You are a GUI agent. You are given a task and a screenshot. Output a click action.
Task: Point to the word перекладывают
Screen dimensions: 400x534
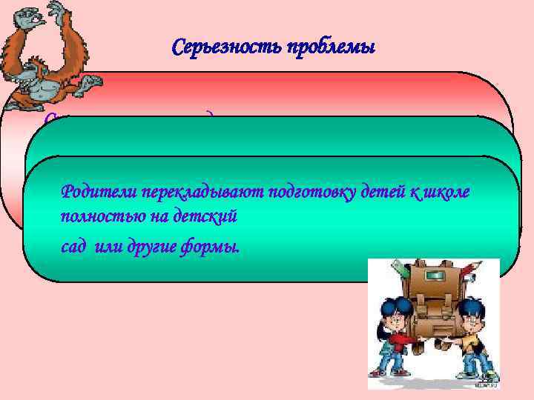[x=180, y=193]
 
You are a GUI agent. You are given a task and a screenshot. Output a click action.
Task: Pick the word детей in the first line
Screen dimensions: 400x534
[x=355, y=193]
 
